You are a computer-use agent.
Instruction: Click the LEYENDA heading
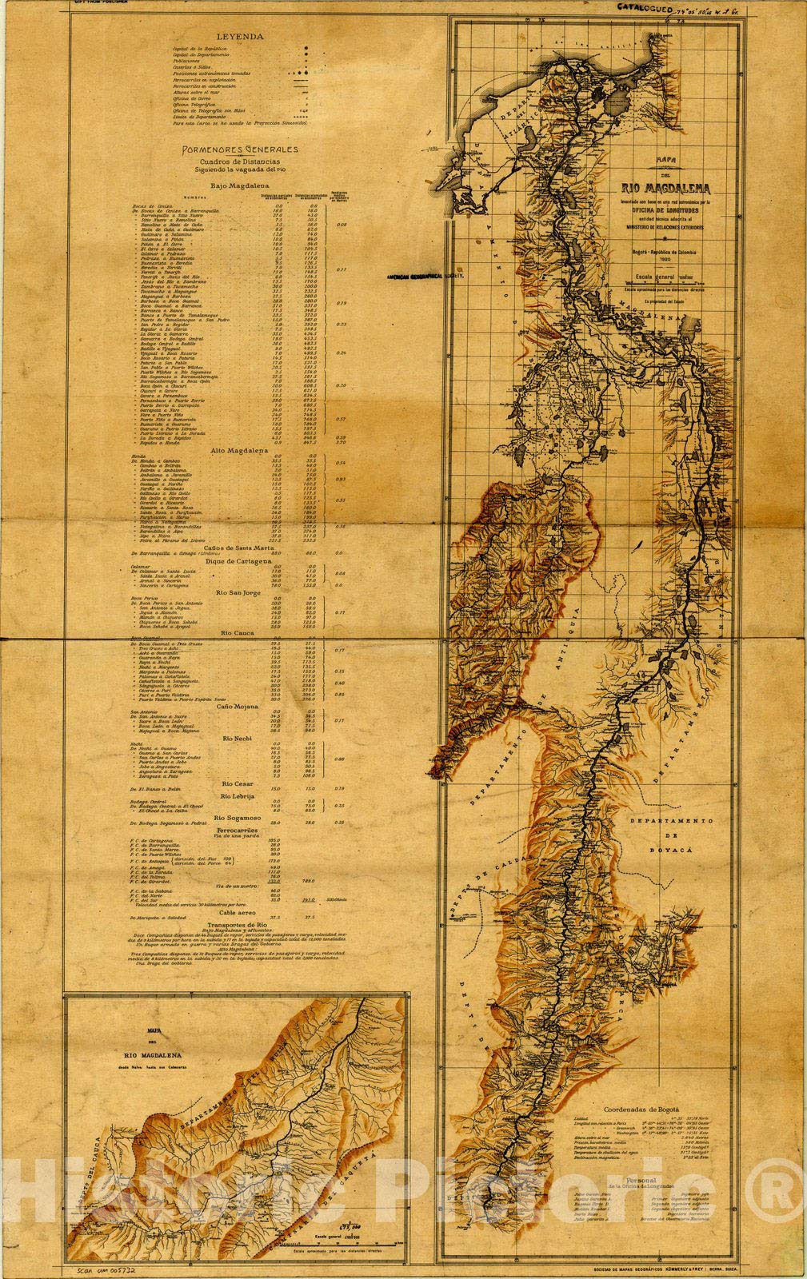[x=239, y=36]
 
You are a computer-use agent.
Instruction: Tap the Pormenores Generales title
[x=239, y=149]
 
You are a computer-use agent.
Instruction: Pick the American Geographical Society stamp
[x=425, y=274]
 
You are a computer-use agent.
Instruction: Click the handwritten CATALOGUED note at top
[x=646, y=6]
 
